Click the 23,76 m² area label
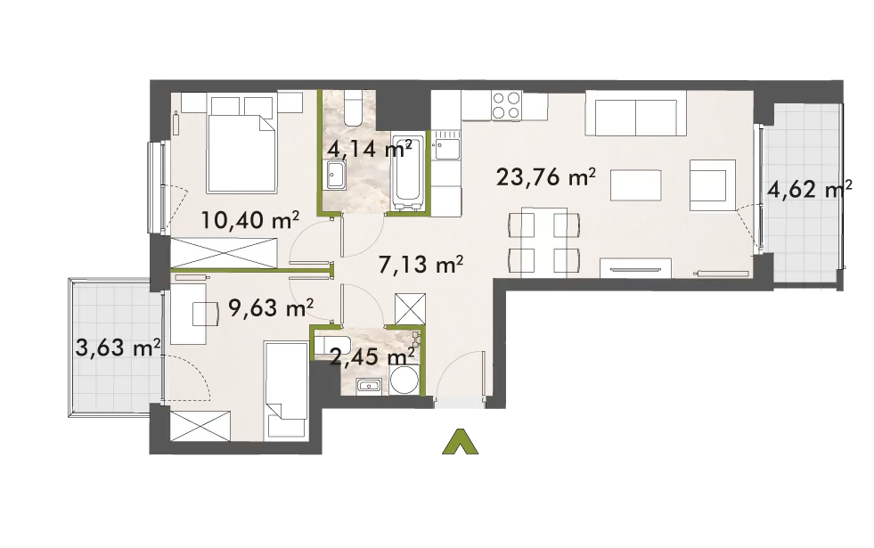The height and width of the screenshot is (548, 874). [545, 177]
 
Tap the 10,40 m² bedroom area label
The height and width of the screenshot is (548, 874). [249, 221]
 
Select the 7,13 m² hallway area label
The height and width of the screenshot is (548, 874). [421, 265]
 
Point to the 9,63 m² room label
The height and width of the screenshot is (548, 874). [271, 307]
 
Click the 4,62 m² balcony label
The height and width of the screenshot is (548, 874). [809, 190]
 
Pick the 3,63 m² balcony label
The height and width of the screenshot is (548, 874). [118, 349]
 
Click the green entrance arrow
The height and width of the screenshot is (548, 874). [461, 442]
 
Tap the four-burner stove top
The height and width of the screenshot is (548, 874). [507, 105]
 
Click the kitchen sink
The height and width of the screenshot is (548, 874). [447, 148]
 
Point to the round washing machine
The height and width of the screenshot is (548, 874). [404, 380]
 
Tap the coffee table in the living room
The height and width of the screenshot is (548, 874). [636, 185]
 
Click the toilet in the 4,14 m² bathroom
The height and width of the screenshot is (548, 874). [354, 107]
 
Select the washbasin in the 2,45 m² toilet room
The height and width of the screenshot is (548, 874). [369, 385]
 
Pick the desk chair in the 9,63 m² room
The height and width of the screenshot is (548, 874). [205, 314]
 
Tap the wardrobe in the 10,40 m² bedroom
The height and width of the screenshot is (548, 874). [224, 252]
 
